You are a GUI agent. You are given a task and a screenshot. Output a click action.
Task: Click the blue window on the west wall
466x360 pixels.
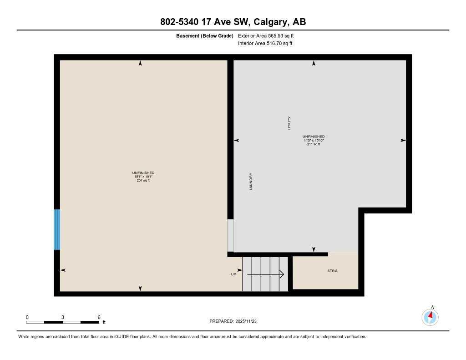point(57,229)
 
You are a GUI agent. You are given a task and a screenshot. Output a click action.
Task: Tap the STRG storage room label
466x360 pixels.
point(333,271)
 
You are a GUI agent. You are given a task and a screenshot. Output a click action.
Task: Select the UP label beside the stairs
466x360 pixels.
point(234,274)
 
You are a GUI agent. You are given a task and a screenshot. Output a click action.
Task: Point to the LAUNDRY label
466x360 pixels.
point(251,181)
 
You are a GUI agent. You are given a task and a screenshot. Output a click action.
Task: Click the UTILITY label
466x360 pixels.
point(289,123)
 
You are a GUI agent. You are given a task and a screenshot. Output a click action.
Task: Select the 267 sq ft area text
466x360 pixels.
point(143,181)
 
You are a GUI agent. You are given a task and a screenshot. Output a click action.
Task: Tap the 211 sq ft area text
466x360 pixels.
point(314,144)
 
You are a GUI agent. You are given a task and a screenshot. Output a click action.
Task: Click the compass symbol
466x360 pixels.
point(430,317)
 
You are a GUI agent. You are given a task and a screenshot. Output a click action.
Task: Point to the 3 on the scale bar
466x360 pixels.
point(63,317)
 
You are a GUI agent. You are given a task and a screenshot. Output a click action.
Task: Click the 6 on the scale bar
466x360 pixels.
point(99,317)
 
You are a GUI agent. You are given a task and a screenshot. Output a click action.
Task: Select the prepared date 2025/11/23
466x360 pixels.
point(249,321)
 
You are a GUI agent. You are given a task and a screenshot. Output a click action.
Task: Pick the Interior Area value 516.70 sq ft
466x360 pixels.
point(279,44)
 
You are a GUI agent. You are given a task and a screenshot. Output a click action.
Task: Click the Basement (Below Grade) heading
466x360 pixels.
point(205,35)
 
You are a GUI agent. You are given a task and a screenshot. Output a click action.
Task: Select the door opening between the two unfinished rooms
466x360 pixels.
point(231,235)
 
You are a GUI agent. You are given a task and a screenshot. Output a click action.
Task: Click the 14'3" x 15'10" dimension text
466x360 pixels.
point(314,140)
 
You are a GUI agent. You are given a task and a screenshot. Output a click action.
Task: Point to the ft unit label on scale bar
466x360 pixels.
point(104,323)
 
